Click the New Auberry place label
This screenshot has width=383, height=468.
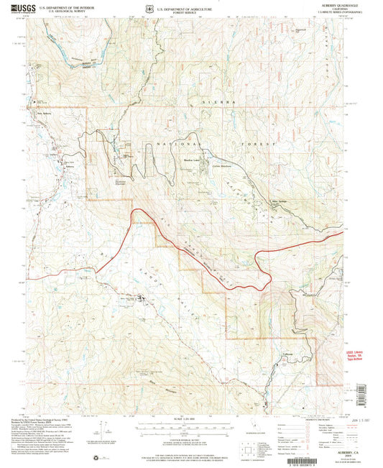47,114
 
